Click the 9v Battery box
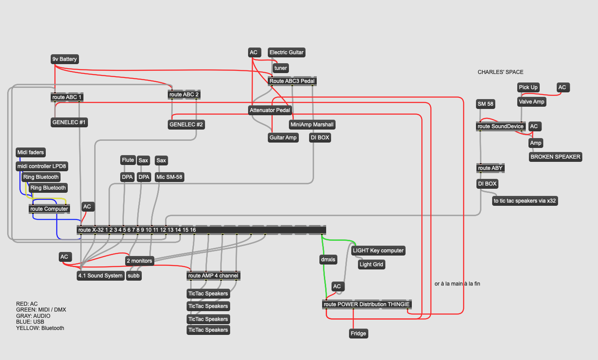[x=65, y=59]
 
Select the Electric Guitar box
[x=286, y=52]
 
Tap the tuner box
[x=280, y=68]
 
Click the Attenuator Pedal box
[x=270, y=110]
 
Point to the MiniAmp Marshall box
[x=312, y=124]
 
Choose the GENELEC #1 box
[x=69, y=122]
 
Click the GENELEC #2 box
[x=187, y=125]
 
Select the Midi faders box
[x=31, y=152]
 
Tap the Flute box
[x=128, y=160]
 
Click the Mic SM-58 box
[x=170, y=177]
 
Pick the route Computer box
[x=49, y=209]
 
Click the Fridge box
[x=358, y=334]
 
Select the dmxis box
[x=328, y=259]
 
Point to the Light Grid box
[x=371, y=265]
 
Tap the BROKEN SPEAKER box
[x=555, y=157]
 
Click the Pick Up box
[x=528, y=87]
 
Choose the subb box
[x=134, y=276]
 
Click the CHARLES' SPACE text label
[x=500, y=72]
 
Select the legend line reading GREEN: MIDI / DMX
[x=41, y=310]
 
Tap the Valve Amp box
[x=532, y=102]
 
